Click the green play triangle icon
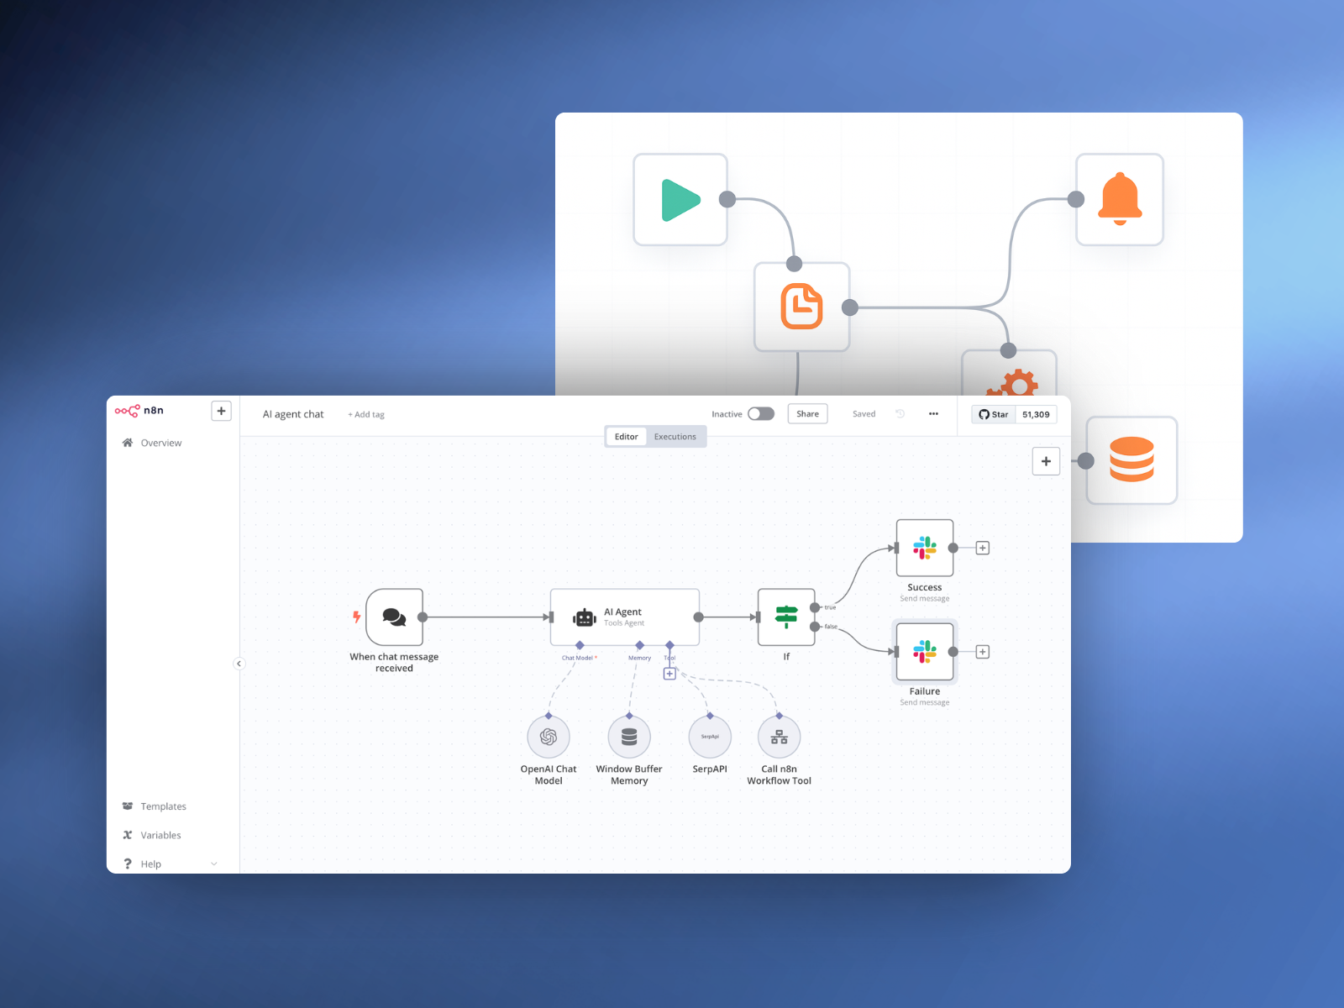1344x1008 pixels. click(680, 200)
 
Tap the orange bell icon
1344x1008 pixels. click(1120, 199)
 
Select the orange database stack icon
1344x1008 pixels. click(1131, 459)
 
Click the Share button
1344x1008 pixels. click(807, 414)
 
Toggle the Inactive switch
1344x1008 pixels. click(761, 414)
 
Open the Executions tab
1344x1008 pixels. click(675, 437)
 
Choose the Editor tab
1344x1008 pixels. click(626, 437)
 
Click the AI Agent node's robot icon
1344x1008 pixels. click(585, 618)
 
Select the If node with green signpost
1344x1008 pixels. click(786, 617)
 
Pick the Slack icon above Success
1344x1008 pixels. click(925, 548)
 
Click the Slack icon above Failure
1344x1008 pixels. click(925, 652)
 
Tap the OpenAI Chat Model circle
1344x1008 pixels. click(549, 737)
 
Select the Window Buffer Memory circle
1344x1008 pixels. click(629, 737)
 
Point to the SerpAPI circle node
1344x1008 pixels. click(710, 737)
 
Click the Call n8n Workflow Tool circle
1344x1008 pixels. click(780, 737)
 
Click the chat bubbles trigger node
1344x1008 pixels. click(394, 617)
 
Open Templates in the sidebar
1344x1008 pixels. click(163, 806)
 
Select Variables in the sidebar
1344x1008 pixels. click(160, 835)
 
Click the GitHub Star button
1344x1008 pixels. click(994, 414)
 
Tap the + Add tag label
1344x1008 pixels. click(366, 415)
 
